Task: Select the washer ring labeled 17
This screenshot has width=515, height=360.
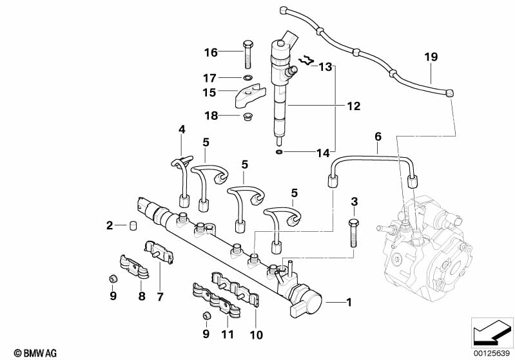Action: [248, 78]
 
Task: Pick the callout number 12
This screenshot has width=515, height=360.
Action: [353, 106]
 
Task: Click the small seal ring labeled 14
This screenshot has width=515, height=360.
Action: [278, 153]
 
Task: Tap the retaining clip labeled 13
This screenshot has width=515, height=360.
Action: [307, 62]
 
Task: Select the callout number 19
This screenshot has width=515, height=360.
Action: [431, 57]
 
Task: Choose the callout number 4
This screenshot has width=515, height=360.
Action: [182, 129]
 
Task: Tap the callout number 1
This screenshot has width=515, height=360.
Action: [349, 301]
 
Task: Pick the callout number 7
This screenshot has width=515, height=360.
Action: [160, 297]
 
